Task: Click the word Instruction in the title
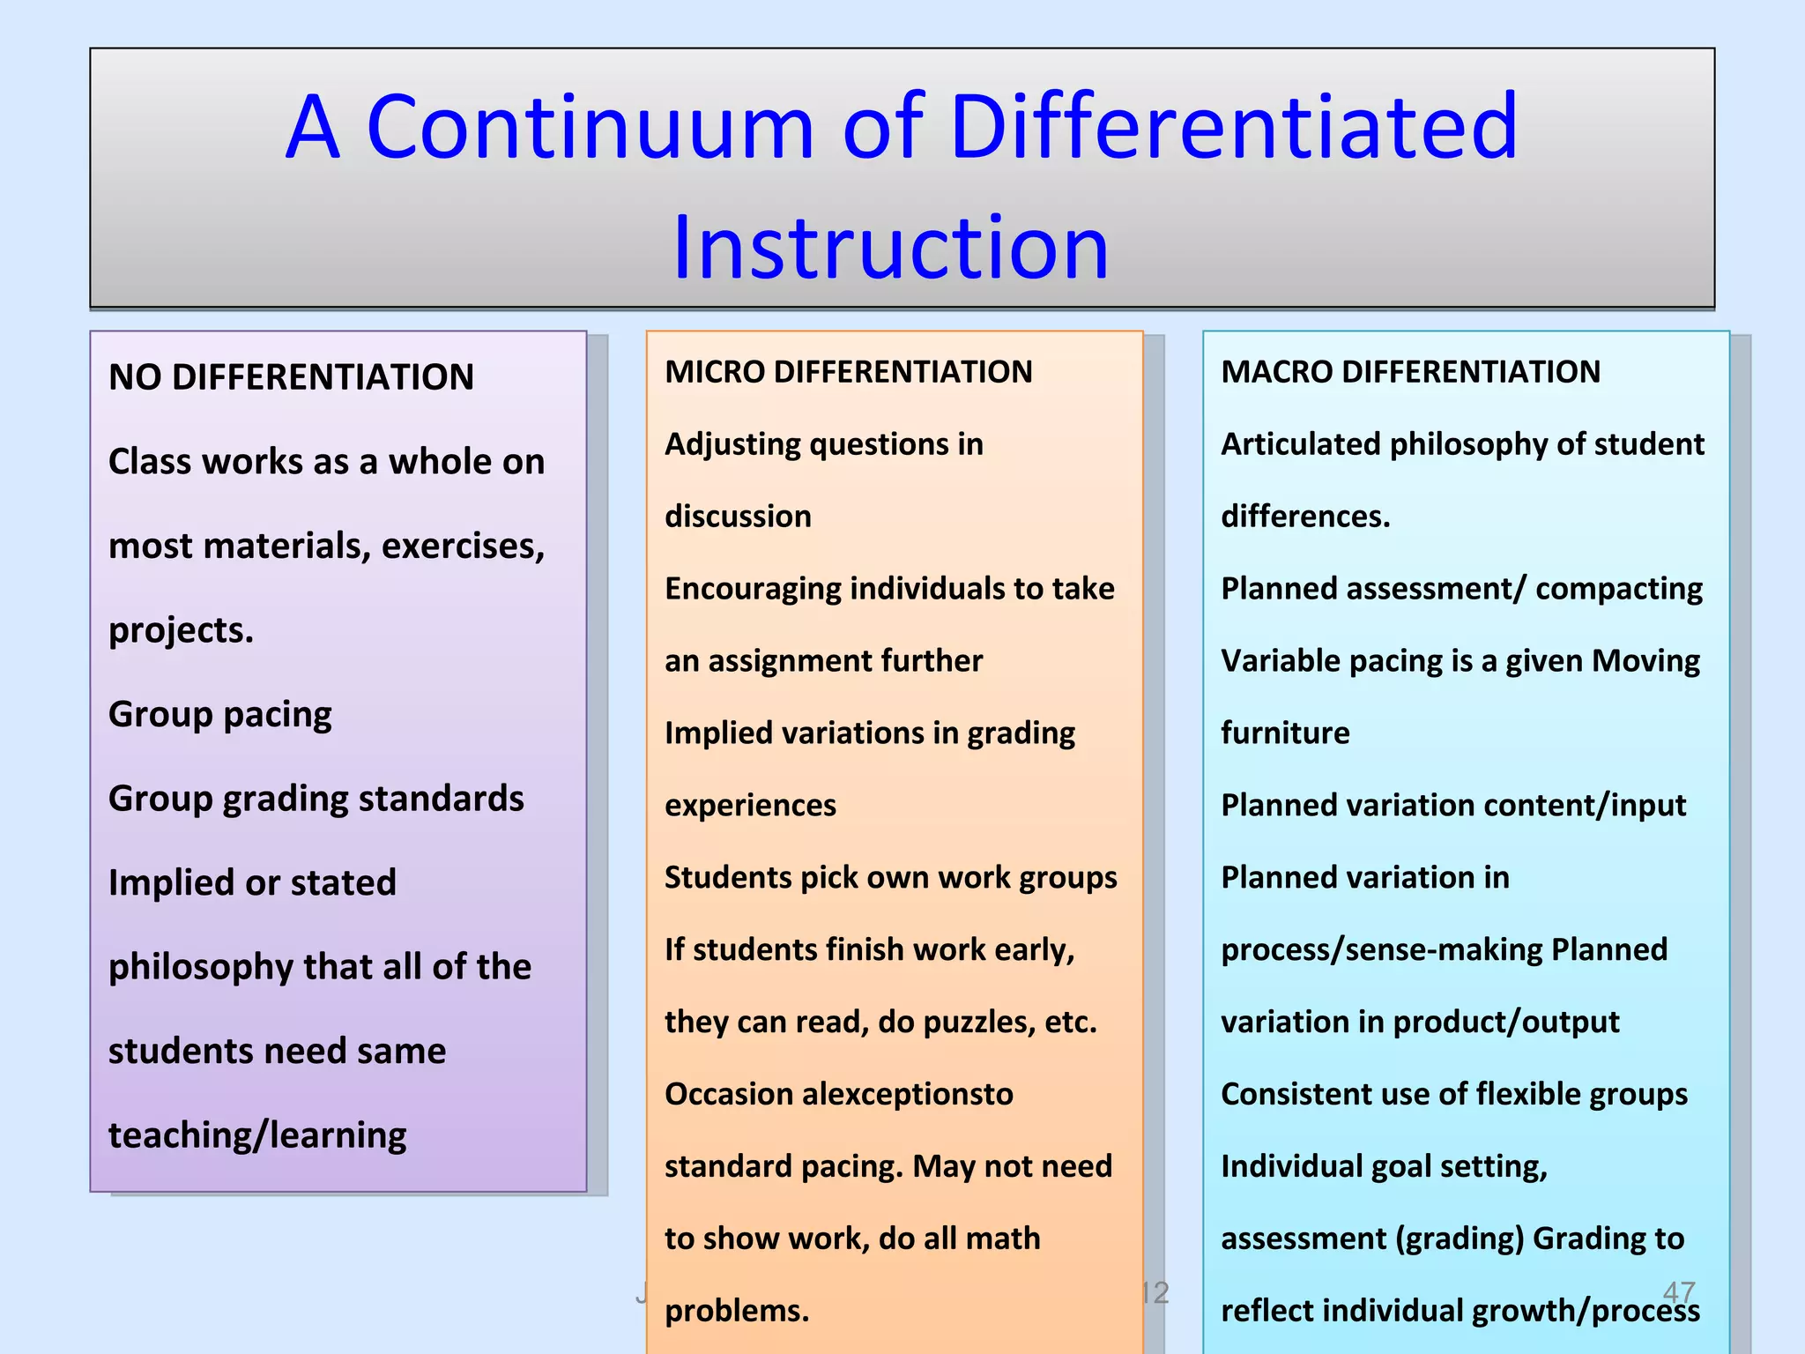coord(890,249)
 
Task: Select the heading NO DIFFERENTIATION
coord(291,377)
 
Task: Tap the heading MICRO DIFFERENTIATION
coord(848,372)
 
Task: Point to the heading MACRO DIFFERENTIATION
coord(1410,372)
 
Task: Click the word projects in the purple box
coord(180,630)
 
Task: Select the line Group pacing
coord(220,714)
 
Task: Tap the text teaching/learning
coord(257,1135)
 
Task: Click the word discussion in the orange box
coord(738,517)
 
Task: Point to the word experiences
coord(750,806)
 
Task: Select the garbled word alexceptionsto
coord(908,1095)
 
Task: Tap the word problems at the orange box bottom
coord(736,1311)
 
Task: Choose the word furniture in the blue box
coord(1285,733)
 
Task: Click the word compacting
coord(1619,589)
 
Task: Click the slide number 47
coord(1678,1292)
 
